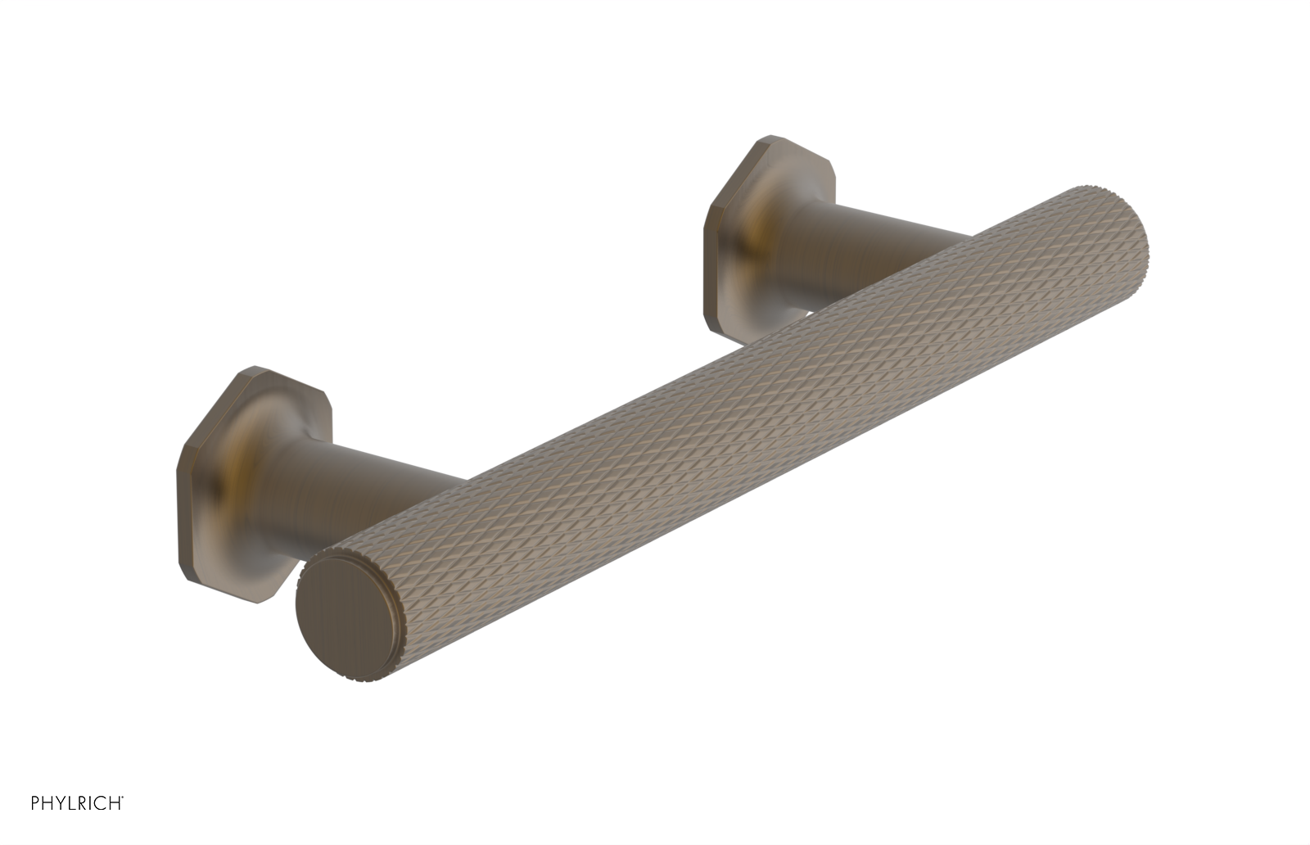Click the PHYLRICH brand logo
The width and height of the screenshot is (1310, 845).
(x=77, y=803)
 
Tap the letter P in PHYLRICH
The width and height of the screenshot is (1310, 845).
(x=36, y=803)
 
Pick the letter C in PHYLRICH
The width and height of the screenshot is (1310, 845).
(x=101, y=803)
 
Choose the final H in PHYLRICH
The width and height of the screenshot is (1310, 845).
(x=115, y=803)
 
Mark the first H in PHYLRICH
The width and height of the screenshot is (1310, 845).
(x=48, y=803)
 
